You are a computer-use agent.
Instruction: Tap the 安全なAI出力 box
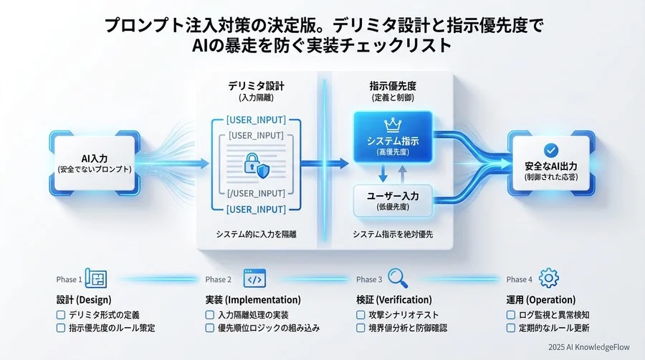click(550, 164)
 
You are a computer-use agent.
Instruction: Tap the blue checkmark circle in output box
click(550, 150)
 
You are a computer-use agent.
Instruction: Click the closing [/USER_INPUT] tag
click(256, 194)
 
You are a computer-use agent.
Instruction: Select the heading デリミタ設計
click(255, 85)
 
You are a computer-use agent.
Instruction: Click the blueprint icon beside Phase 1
click(95, 279)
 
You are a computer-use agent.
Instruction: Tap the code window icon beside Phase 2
click(254, 279)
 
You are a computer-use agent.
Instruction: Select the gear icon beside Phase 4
click(548, 279)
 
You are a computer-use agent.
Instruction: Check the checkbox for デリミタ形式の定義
click(60, 315)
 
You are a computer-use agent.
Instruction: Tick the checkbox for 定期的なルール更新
click(511, 328)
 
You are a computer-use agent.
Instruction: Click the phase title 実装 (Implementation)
click(249, 300)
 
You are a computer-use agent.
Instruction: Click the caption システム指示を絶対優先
click(392, 235)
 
